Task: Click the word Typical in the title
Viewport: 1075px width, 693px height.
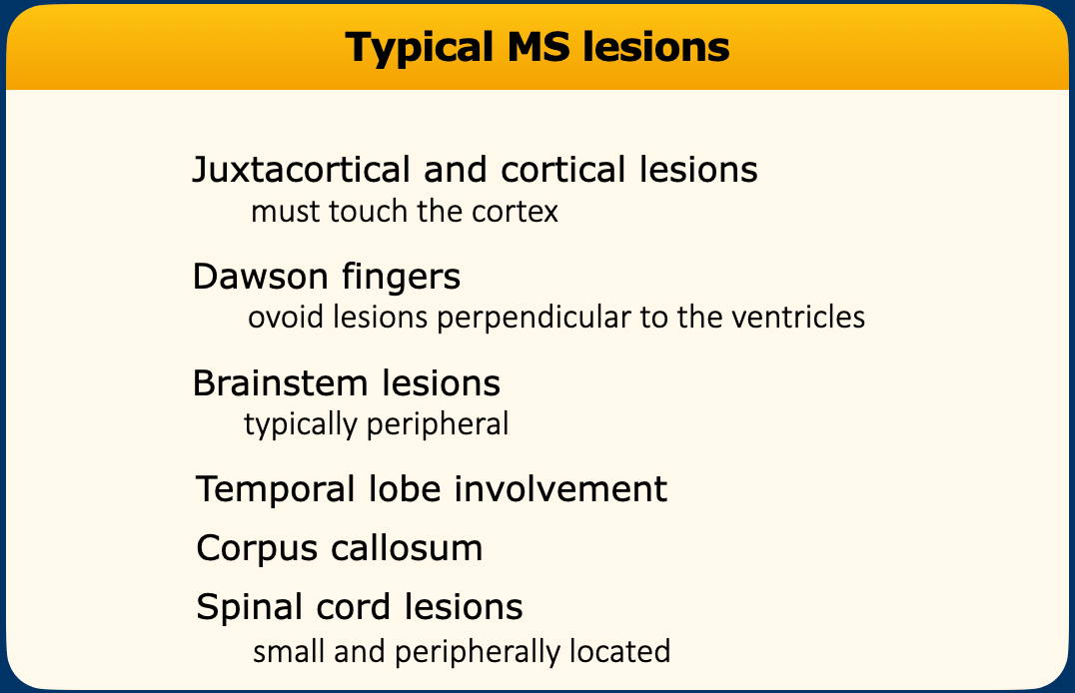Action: tap(420, 49)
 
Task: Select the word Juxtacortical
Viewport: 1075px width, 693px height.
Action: tap(302, 170)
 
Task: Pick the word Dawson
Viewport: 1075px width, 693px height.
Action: tap(260, 277)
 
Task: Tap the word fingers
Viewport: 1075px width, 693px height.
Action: tap(401, 278)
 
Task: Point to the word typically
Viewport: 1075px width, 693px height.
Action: tap(301, 425)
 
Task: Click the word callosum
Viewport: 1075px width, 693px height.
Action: tap(407, 547)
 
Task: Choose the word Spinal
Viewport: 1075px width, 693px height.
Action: tap(249, 608)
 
